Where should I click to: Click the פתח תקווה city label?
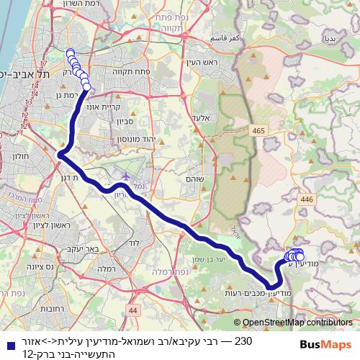point(130,73)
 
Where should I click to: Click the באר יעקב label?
point(82,248)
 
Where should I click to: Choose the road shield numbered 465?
point(258,130)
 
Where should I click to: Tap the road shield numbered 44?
point(132,310)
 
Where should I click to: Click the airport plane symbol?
point(127,176)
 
